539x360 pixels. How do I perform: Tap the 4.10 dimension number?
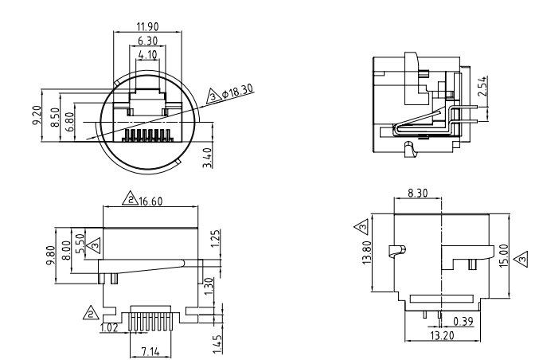(146, 55)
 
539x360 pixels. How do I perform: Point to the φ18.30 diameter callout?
(238, 90)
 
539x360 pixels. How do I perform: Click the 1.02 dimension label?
(108, 327)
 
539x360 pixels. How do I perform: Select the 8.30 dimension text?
(416, 192)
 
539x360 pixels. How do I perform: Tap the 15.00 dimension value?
(503, 256)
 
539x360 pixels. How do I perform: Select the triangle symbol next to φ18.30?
(213, 96)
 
